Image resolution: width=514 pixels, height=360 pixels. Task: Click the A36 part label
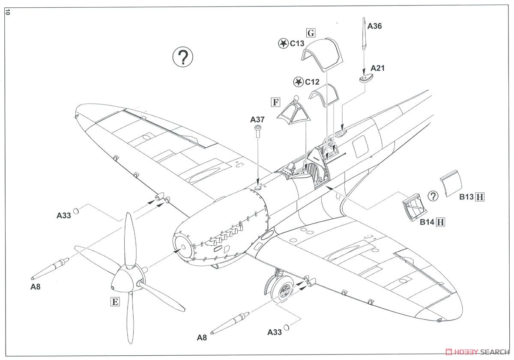click(x=374, y=26)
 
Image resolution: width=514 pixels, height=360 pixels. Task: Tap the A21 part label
click(x=378, y=68)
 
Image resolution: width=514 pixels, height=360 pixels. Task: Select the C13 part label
click(x=296, y=43)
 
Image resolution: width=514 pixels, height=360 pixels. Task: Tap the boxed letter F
click(x=276, y=102)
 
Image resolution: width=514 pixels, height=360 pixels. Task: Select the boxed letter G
click(x=311, y=33)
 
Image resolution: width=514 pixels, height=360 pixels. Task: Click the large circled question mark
click(x=183, y=57)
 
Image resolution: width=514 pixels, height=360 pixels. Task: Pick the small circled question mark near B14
click(x=433, y=196)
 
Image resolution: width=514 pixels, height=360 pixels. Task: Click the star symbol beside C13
click(x=283, y=43)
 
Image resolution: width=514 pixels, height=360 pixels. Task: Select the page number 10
click(x=7, y=12)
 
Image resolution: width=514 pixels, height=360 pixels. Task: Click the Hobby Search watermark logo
click(x=477, y=351)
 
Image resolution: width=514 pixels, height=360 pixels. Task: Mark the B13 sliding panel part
click(x=451, y=183)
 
